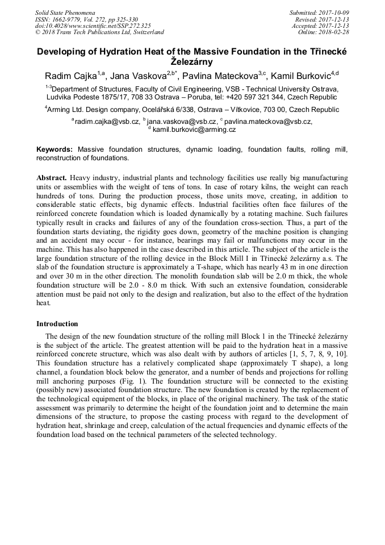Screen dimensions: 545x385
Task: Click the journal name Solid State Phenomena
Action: point(65,12)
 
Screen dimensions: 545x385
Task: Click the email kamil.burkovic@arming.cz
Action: point(194,130)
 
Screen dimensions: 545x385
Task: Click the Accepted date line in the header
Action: point(324,26)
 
